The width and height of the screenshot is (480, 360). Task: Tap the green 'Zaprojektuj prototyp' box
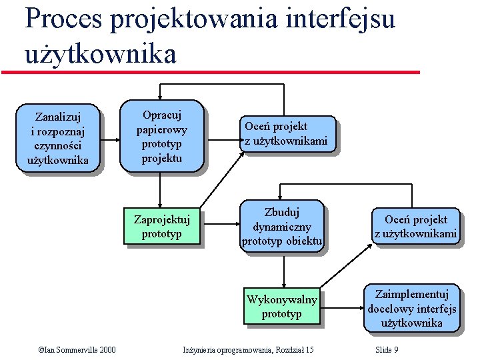(162, 226)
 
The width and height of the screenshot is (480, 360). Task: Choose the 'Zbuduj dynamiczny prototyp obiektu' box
(282, 227)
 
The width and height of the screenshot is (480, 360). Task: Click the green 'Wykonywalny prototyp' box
(282, 307)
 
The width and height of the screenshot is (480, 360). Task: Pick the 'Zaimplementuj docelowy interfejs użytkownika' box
(412, 307)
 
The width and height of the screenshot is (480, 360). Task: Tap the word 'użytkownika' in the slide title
(100, 53)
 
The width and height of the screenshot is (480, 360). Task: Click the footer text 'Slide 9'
(387, 350)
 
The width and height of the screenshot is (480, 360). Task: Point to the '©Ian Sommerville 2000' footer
(77, 350)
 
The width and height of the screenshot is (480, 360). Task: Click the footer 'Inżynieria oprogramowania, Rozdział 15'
(248, 350)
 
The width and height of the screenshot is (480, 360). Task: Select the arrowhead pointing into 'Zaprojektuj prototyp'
(160, 206)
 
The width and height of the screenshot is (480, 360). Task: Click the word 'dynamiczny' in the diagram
(282, 226)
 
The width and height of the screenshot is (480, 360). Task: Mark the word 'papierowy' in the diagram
(161, 129)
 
